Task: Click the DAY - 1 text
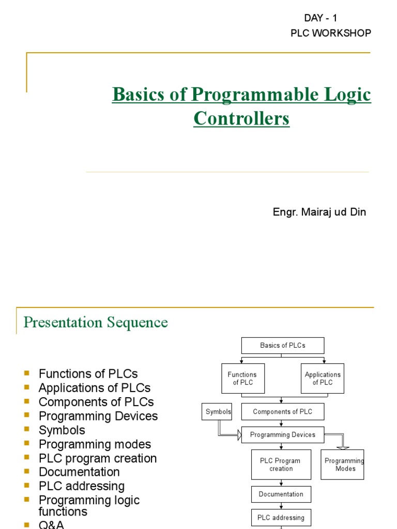[320, 18]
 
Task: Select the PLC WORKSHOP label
[331, 33]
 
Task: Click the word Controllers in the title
[241, 119]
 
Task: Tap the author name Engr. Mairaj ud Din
[319, 212]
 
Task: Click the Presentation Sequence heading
[96, 322]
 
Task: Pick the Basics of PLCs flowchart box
[282, 346]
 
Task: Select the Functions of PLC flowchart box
[242, 379]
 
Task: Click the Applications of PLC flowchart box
[323, 379]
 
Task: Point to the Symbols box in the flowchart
[217, 412]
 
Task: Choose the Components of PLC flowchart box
[282, 412]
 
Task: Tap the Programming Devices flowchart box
[282, 435]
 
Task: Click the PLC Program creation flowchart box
[281, 464]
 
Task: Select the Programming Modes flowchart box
[343, 464]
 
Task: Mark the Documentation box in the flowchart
[281, 494]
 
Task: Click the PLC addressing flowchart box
[281, 518]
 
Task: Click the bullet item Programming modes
[95, 444]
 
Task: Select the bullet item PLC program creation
[98, 458]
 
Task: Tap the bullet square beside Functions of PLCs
[27, 372]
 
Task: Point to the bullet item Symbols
[62, 430]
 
